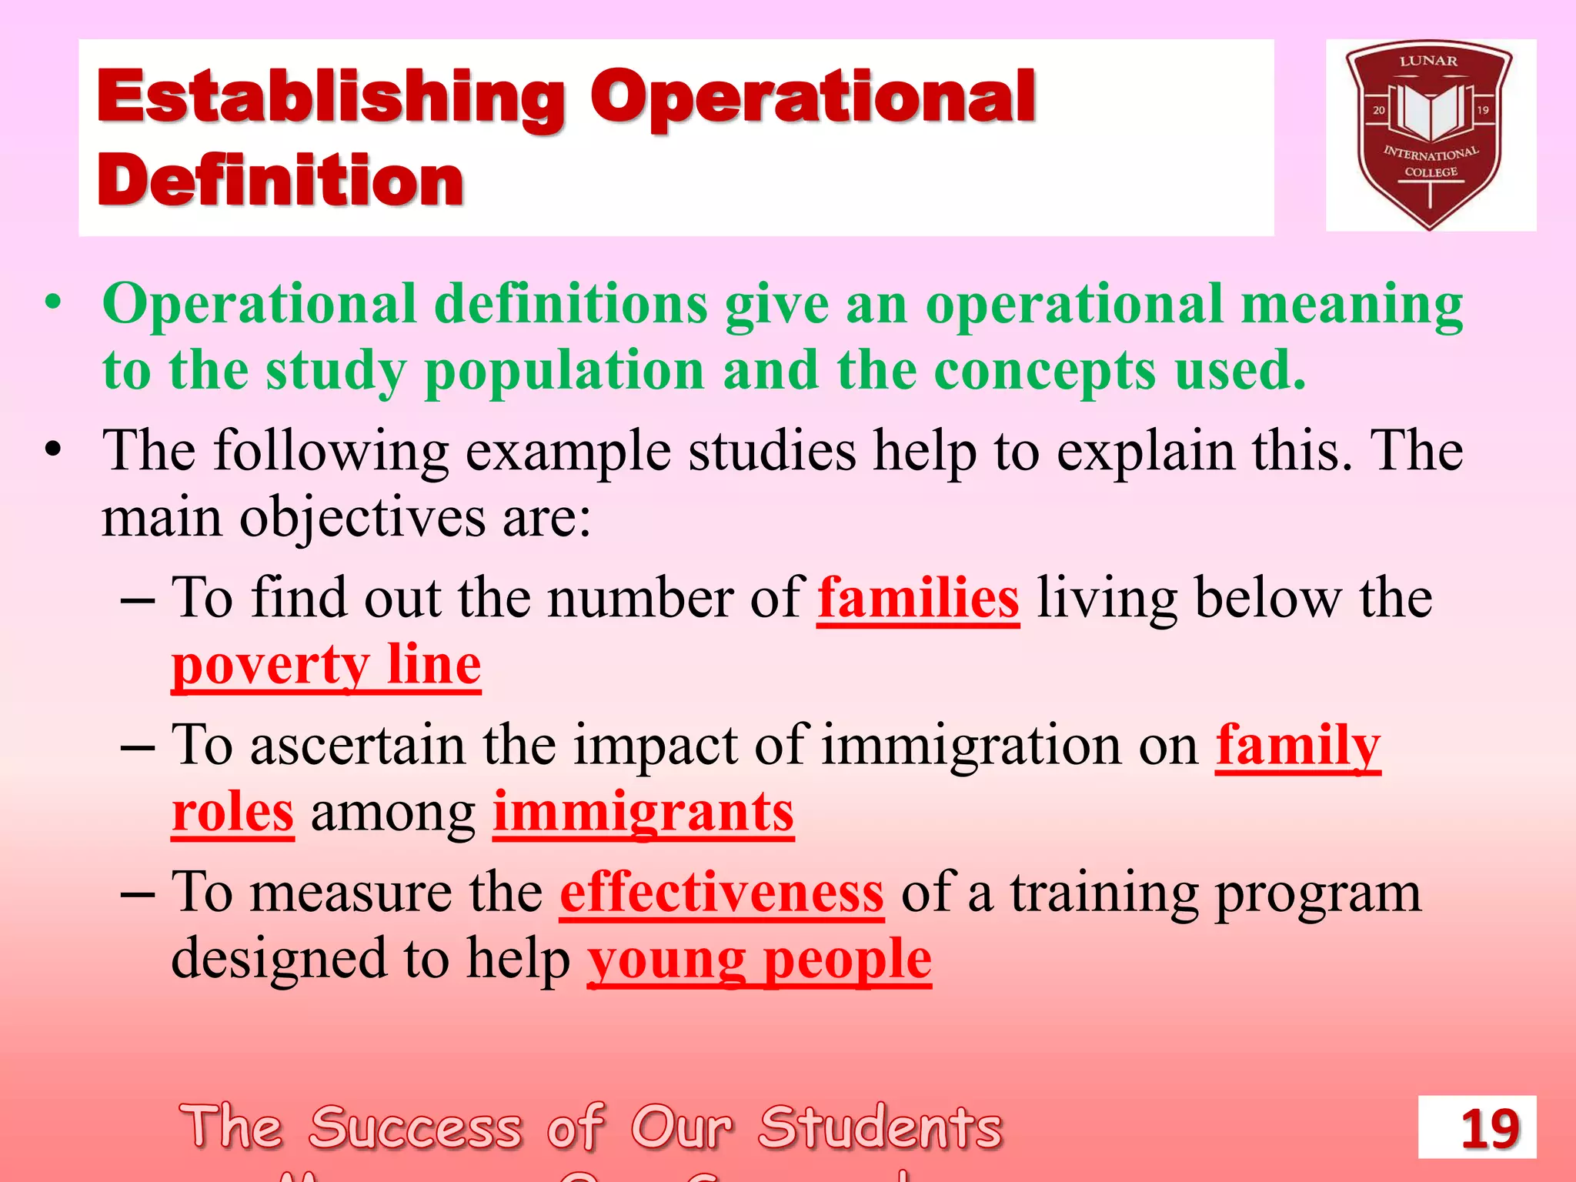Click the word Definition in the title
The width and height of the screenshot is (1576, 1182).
281,182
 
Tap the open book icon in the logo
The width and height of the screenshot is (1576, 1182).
1430,112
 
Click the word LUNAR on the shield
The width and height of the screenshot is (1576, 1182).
1428,62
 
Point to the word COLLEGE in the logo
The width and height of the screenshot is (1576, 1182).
1431,172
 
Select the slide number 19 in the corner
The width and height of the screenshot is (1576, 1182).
1489,1129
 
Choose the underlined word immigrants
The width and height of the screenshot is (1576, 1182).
643,813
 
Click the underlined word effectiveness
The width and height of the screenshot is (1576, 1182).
722,893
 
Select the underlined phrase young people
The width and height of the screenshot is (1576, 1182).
760,960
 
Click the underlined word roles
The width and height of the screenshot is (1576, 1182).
232,813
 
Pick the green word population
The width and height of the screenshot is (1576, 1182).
564,371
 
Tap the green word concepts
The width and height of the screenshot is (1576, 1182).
1044,371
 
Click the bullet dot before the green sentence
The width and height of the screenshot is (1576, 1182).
52,303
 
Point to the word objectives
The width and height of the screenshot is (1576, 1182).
362,517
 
